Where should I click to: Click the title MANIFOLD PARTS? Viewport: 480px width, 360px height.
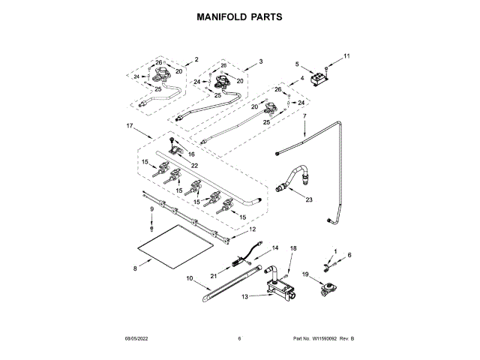click(240, 16)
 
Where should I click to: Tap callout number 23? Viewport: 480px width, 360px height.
click(308, 199)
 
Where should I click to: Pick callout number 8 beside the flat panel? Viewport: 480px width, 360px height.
click(135, 266)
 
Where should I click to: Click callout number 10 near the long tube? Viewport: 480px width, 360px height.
click(188, 278)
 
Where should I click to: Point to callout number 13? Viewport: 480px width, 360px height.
click(245, 296)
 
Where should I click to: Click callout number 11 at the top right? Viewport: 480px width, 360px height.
click(347, 56)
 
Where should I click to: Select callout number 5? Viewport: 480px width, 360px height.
click(297, 64)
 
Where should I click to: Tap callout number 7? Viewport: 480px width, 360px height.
click(305, 116)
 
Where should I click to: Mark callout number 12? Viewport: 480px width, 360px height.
click(253, 229)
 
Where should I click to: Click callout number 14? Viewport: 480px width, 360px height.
click(274, 247)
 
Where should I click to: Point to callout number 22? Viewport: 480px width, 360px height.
click(194, 165)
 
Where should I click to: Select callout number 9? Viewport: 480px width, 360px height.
click(151, 209)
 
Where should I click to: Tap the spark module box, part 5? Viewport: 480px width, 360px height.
click(323, 76)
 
